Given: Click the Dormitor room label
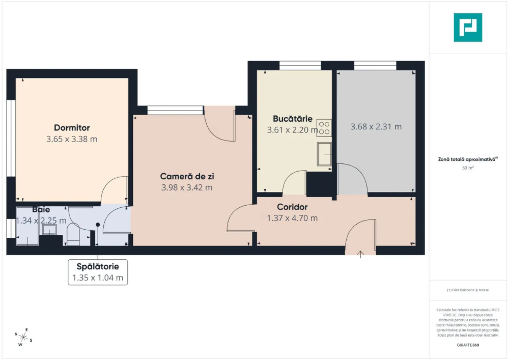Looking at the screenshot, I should pyautogui.click(x=72, y=128).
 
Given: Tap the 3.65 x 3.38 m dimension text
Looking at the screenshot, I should pyautogui.click(x=72, y=139).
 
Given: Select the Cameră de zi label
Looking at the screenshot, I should pyautogui.click(x=187, y=176).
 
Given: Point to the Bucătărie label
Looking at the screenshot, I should pyautogui.click(x=292, y=119).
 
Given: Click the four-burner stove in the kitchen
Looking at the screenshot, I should pyautogui.click(x=324, y=128).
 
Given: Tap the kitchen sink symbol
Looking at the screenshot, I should pyautogui.click(x=324, y=154).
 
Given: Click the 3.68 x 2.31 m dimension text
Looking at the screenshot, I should pyautogui.click(x=376, y=127).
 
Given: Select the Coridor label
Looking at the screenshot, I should pyautogui.click(x=292, y=207).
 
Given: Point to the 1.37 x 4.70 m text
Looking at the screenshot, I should pyautogui.click(x=292, y=218).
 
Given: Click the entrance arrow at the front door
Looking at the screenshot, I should pyautogui.click(x=360, y=254).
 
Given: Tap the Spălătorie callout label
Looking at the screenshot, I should pyautogui.click(x=98, y=267).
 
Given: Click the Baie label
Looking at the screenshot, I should pyautogui.click(x=41, y=210).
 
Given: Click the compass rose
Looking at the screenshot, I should pyautogui.click(x=23, y=337).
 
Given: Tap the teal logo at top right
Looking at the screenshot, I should pyautogui.click(x=468, y=27).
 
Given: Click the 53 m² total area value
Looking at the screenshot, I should pyautogui.click(x=468, y=168).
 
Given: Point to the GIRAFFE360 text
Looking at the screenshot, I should pyautogui.click(x=468, y=345).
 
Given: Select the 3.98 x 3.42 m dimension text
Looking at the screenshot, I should pyautogui.click(x=187, y=188).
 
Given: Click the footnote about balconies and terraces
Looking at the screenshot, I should pyautogui.click(x=468, y=290).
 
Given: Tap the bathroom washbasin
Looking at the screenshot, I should pyautogui.click(x=49, y=229).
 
